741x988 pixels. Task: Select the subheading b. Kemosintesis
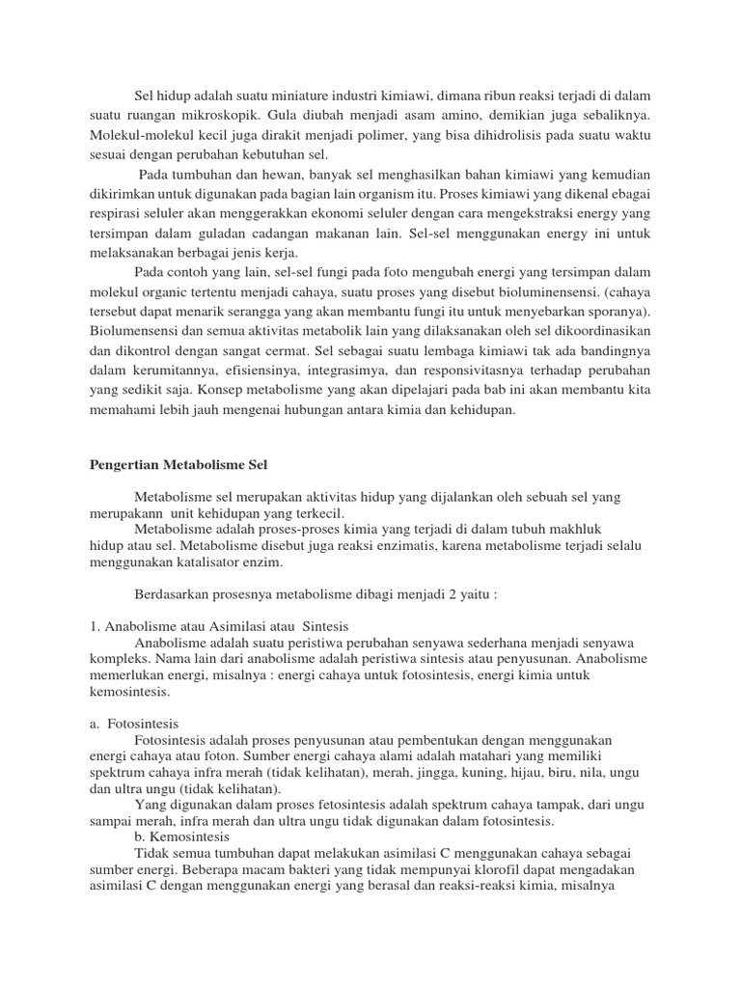(x=183, y=837)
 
